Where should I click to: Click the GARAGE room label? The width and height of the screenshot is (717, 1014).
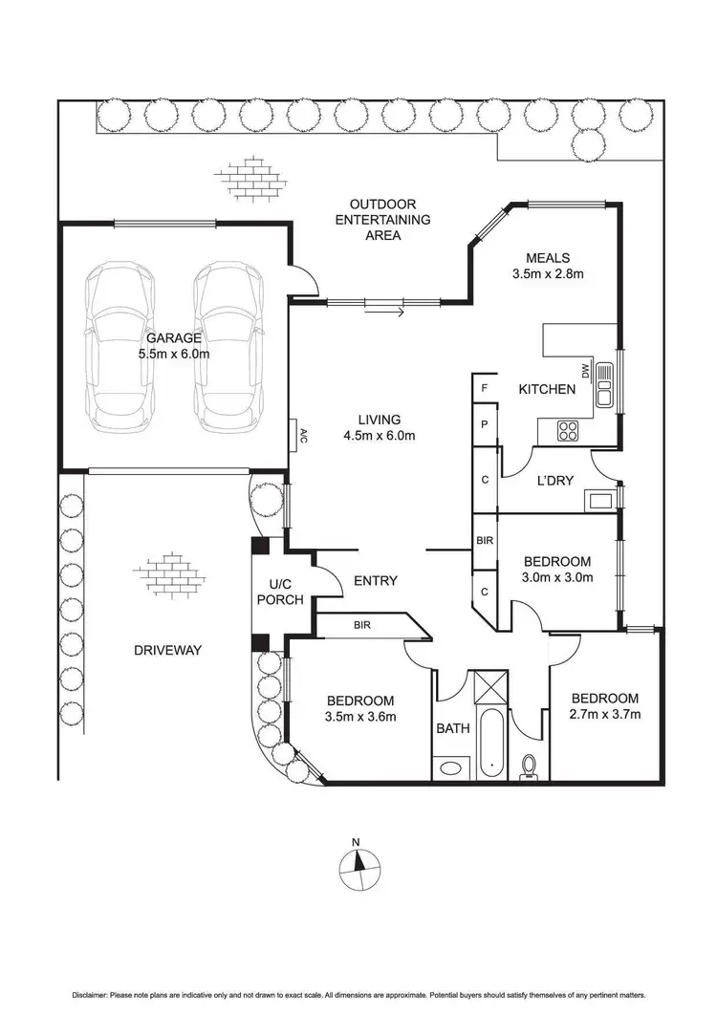[x=173, y=338]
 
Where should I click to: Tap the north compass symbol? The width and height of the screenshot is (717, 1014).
[x=358, y=867]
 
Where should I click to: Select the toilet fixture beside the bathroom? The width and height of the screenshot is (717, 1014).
[x=529, y=767]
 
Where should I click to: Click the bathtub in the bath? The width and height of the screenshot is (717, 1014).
[x=491, y=744]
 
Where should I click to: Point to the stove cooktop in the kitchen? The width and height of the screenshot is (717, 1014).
[x=568, y=431]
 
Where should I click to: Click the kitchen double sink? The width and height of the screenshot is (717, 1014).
[x=604, y=385]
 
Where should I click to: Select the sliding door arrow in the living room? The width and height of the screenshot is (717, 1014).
[x=384, y=313]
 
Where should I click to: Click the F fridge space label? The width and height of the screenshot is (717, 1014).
[x=484, y=389]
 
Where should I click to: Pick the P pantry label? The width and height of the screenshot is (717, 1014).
[x=484, y=425]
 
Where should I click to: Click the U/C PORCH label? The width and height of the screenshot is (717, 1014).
[x=279, y=592]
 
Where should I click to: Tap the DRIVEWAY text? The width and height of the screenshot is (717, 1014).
[x=167, y=651]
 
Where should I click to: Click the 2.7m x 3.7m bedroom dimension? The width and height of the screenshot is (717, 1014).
[x=605, y=715]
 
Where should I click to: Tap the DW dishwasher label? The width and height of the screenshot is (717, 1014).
[x=586, y=371]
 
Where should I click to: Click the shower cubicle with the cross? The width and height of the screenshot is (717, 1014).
[x=489, y=686]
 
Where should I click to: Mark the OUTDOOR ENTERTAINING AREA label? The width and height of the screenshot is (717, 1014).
[x=382, y=220]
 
